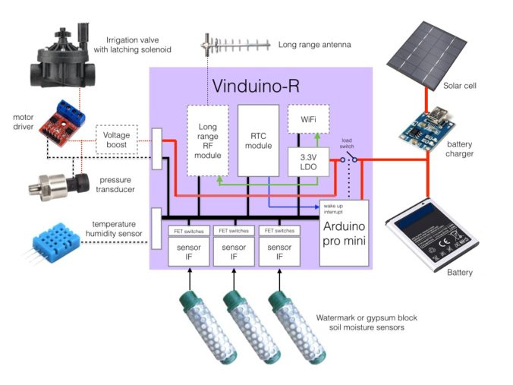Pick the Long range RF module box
click(x=208, y=140)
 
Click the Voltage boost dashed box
click(x=116, y=140)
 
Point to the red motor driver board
click(x=68, y=118)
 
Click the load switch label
click(x=346, y=142)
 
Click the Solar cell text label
click(x=460, y=86)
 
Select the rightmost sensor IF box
click(x=279, y=251)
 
